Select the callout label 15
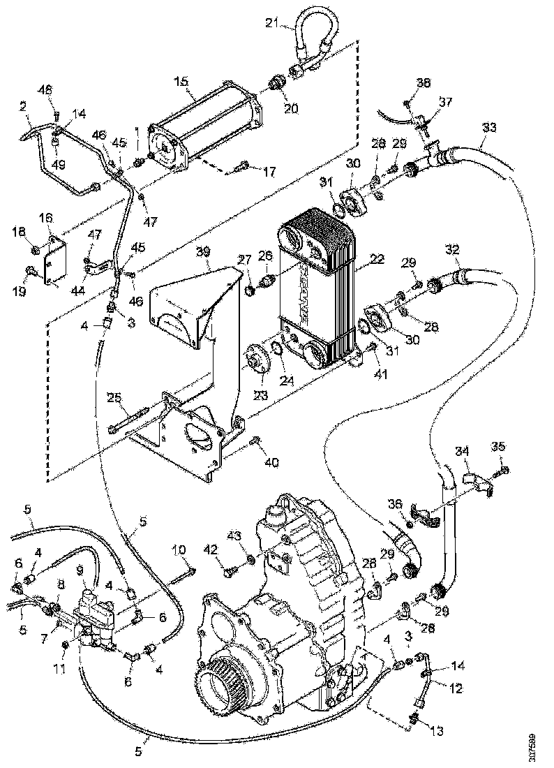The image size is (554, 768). pos(181,82)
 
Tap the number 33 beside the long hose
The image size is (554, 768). pos(491,127)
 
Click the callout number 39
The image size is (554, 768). pos(203,251)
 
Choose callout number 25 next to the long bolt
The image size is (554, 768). pos(114,397)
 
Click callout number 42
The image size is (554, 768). pos(211,549)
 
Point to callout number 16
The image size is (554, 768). pos(46,219)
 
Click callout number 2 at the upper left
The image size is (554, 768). pos(23,107)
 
